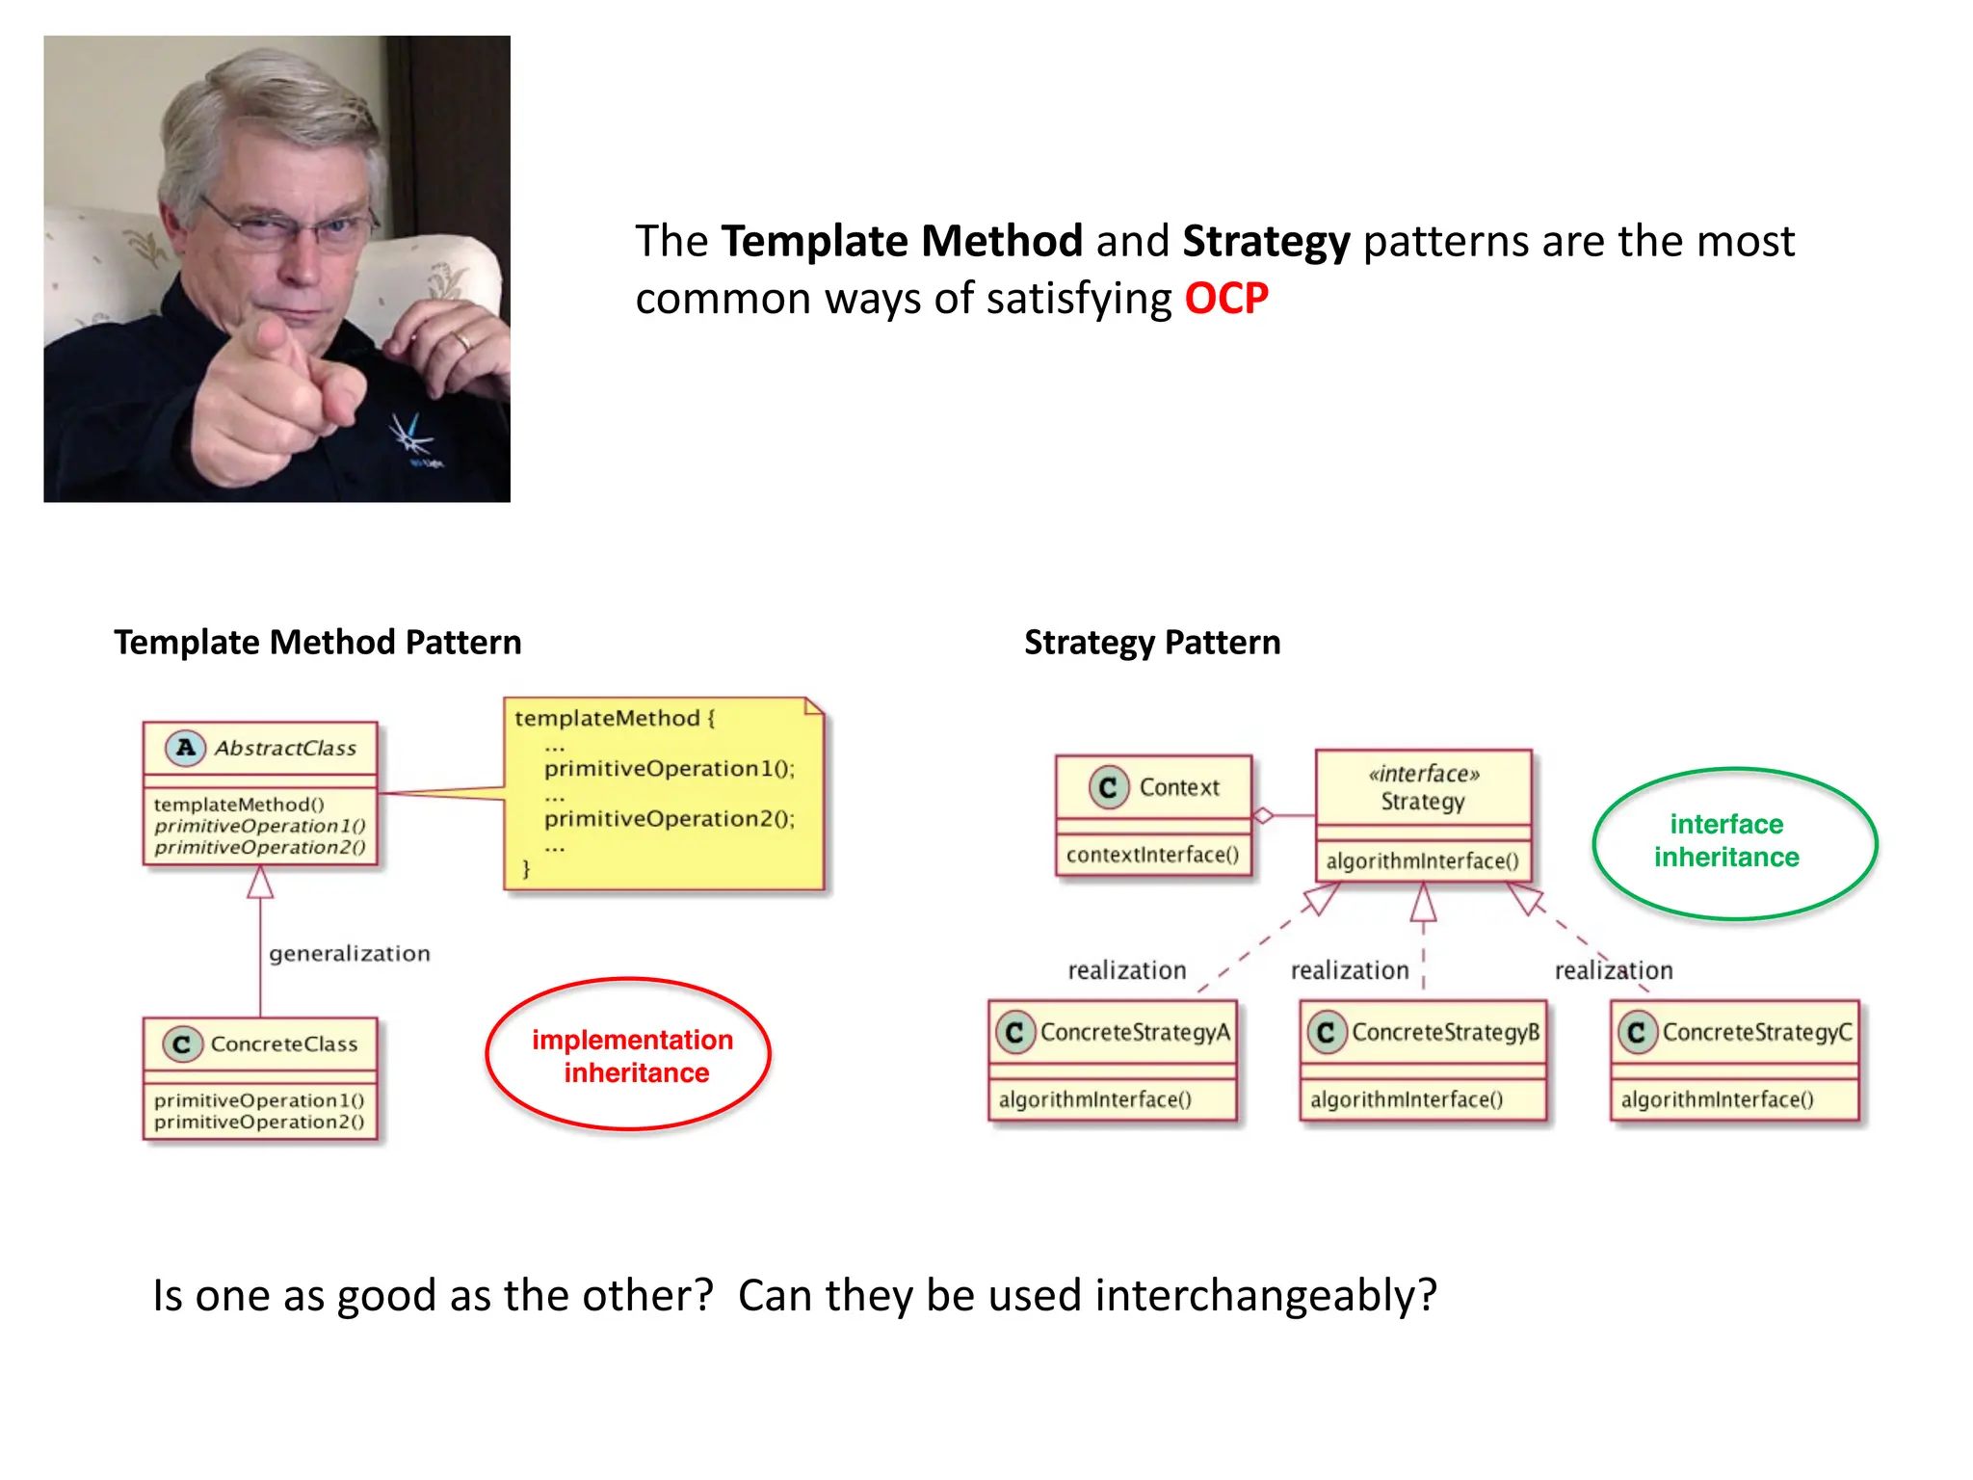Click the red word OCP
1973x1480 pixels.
click(1225, 299)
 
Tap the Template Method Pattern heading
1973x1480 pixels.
click(317, 643)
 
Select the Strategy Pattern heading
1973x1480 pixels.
click(1151, 643)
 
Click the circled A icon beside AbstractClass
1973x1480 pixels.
click(185, 748)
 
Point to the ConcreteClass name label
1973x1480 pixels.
click(283, 1044)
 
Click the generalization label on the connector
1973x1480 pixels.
click(349, 954)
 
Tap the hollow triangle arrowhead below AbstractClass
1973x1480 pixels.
click(260, 883)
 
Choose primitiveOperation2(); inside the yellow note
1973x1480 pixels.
click(669, 819)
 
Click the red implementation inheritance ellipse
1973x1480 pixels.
click(628, 1054)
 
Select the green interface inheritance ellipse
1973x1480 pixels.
click(1734, 842)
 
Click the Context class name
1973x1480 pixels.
click(1178, 788)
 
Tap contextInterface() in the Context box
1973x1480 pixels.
click(1152, 856)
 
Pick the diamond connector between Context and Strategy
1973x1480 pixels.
click(1263, 816)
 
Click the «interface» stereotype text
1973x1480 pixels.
click(1423, 774)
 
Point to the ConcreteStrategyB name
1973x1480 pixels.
click(1444, 1033)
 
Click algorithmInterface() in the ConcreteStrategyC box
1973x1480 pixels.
click(1717, 1100)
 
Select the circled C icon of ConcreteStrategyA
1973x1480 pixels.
click(1014, 1033)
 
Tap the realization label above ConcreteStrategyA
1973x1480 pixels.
click(1126, 971)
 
